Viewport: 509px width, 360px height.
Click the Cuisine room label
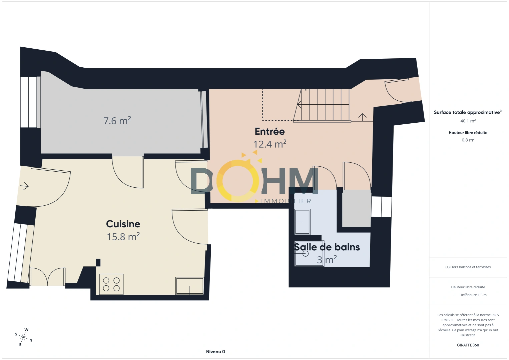(123, 224)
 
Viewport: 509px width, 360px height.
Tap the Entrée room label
(270, 131)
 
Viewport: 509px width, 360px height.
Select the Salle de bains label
(327, 247)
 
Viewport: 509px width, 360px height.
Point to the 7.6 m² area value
(117, 120)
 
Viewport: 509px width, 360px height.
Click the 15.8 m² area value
(123, 237)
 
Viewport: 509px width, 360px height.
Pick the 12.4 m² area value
(270, 144)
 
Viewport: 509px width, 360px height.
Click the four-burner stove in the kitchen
(111, 284)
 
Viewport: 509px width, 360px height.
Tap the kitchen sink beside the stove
(189, 286)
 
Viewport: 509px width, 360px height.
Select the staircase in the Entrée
(322, 105)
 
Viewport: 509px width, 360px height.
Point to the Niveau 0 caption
(215, 352)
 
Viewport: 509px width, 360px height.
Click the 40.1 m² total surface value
(468, 121)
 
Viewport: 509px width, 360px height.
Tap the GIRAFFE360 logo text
(468, 345)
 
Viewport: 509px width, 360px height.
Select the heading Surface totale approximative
(467, 112)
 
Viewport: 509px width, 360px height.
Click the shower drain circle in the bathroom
(306, 254)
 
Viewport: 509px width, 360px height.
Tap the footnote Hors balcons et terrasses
(468, 267)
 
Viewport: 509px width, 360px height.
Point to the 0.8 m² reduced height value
(468, 140)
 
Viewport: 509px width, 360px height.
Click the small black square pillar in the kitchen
(98, 262)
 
